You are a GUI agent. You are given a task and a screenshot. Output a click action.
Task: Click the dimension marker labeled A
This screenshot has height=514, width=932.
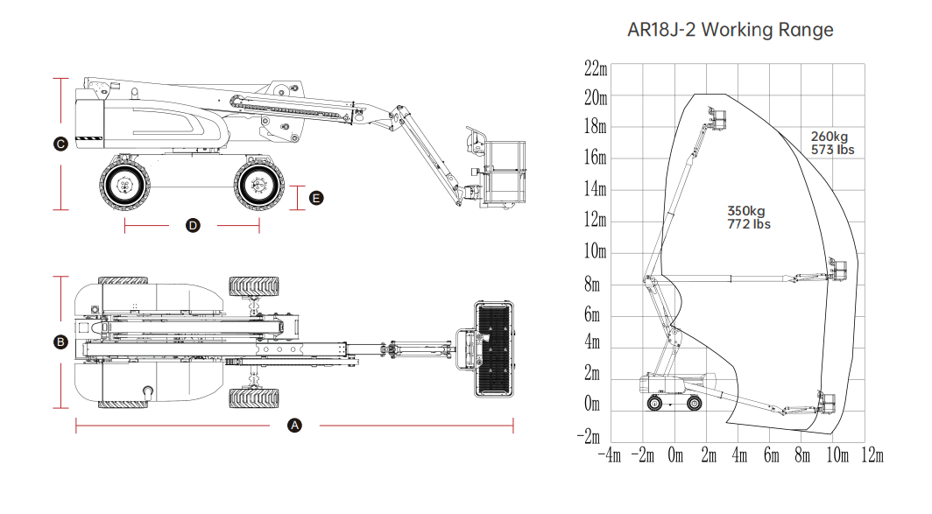pos(295,426)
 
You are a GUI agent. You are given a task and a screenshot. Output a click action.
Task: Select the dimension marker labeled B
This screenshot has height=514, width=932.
pos(60,342)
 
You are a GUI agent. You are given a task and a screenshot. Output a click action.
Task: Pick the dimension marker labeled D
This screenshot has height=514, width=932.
pos(194,226)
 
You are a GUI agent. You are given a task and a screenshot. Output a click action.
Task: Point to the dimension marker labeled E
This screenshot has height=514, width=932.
pos(317,199)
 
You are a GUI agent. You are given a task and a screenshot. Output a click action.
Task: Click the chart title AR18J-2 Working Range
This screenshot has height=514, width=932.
pos(731,30)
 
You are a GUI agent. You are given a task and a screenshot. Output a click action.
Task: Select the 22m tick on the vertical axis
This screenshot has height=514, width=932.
pos(596,68)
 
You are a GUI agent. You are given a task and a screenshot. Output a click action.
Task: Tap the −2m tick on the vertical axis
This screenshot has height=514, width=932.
pos(593,436)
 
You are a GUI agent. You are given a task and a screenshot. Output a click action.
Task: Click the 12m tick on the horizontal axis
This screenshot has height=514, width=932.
pos(872,456)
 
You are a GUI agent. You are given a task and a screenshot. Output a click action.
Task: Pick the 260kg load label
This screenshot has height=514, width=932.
pos(830,137)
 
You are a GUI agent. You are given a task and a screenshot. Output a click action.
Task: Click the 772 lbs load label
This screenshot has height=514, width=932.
pos(748,224)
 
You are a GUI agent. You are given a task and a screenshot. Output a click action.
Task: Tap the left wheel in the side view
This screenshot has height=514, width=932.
pos(125,185)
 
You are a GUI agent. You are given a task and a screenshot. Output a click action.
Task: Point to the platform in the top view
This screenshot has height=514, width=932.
pos(494,349)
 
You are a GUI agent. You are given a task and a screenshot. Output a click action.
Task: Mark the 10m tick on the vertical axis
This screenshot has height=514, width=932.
pos(596,252)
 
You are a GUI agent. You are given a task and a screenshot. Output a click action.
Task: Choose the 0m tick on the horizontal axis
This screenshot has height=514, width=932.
pos(674,456)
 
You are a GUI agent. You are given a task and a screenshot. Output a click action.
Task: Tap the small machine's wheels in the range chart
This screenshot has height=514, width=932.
pos(674,403)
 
